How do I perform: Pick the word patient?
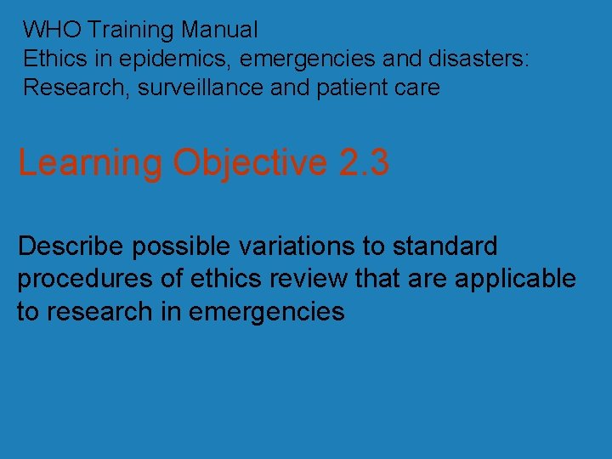(345, 87)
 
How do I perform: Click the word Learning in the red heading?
(89, 163)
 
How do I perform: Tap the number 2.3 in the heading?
(363, 163)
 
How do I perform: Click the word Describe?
(71, 246)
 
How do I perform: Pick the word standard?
(443, 246)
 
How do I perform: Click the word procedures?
(83, 279)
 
